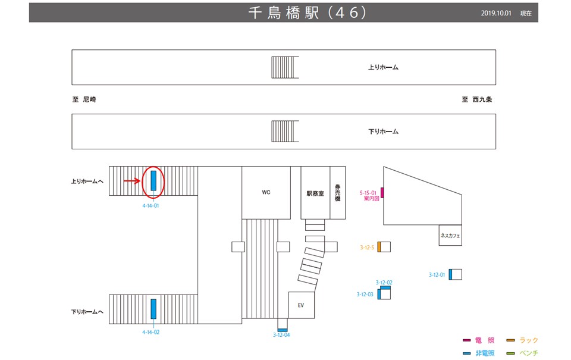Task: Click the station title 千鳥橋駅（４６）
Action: coord(306,13)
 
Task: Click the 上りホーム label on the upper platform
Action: coord(383,67)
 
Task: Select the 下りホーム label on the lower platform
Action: coord(383,132)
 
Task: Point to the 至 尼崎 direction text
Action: coord(84,100)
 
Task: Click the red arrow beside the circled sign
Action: coord(131,181)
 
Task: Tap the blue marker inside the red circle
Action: coord(153,180)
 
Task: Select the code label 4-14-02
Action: coord(150,332)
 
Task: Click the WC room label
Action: coord(266,193)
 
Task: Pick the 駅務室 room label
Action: coord(315,194)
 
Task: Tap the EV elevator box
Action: coord(301,305)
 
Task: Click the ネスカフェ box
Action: coord(450,236)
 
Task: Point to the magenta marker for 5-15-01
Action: coord(382,192)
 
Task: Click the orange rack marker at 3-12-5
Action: coord(379,247)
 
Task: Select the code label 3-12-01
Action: coord(437,275)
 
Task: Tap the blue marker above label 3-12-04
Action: coord(283,330)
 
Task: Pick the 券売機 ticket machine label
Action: coord(337,192)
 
